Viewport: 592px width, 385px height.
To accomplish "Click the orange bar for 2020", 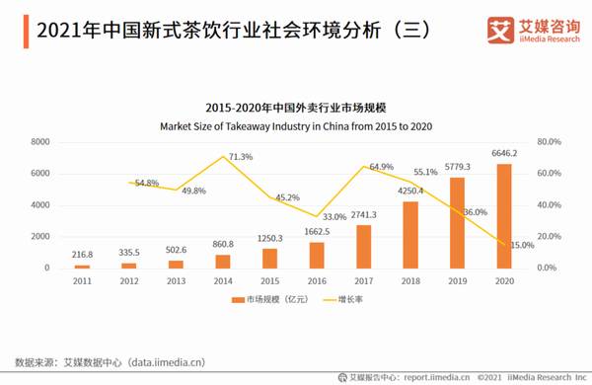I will tap(503, 216).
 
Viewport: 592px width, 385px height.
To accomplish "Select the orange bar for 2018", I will tap(410, 235).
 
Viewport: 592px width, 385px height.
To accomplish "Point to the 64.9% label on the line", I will tap(381, 167).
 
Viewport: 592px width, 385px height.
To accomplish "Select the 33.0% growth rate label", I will tap(334, 217).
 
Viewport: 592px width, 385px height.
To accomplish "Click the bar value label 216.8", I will tap(84, 255).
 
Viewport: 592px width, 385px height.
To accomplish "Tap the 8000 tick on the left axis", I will tap(39, 142).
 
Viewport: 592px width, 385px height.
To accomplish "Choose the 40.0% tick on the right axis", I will tap(548, 205).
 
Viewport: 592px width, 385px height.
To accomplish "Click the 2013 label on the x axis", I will tap(177, 280).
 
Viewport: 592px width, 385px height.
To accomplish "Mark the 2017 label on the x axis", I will tap(363, 280).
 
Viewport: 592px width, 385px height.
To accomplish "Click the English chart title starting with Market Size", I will tap(296, 126).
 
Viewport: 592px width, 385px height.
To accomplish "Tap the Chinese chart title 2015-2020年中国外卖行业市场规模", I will tap(296, 107).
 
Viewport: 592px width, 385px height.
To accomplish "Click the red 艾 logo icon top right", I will tap(490, 31).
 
